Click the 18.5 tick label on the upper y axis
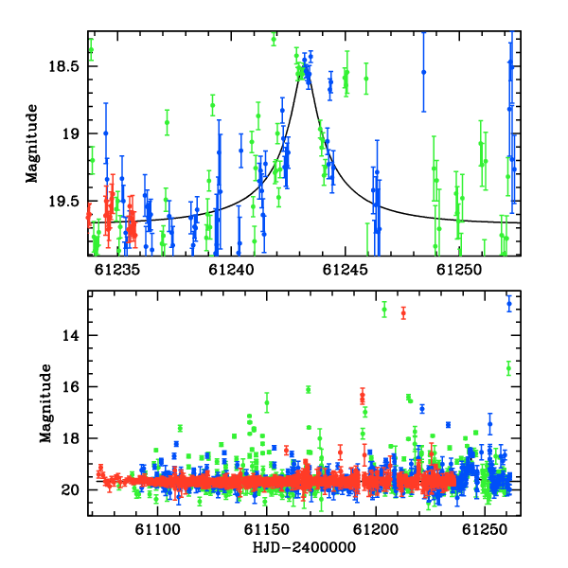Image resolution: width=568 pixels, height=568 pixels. click(63, 66)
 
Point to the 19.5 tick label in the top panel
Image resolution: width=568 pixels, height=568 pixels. click(63, 202)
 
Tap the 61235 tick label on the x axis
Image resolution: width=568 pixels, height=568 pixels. click(117, 270)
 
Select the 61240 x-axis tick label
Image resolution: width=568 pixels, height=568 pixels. click(231, 270)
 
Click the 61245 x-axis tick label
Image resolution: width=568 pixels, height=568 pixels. click(346, 270)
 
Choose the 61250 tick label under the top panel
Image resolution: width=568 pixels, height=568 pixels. click(459, 270)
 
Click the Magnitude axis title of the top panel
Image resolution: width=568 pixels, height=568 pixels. click(32, 144)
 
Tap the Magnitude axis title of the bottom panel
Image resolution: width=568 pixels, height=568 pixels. click(45, 403)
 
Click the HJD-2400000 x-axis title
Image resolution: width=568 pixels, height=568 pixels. click(304, 547)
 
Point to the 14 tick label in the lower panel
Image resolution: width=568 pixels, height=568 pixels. click(70, 336)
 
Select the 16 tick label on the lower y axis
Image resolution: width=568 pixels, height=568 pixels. click(70, 387)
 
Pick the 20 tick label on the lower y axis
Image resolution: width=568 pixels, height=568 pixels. click(70, 490)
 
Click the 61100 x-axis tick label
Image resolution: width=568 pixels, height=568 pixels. click(157, 530)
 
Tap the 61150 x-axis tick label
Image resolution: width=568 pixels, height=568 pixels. click(267, 530)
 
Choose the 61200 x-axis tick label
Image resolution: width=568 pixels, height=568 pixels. click(376, 530)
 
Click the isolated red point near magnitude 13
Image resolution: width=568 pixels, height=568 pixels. click(403, 313)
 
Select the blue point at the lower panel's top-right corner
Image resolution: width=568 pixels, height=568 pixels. click(509, 304)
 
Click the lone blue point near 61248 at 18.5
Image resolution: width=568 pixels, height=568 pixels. click(424, 72)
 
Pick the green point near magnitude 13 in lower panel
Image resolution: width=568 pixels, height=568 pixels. click(384, 310)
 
